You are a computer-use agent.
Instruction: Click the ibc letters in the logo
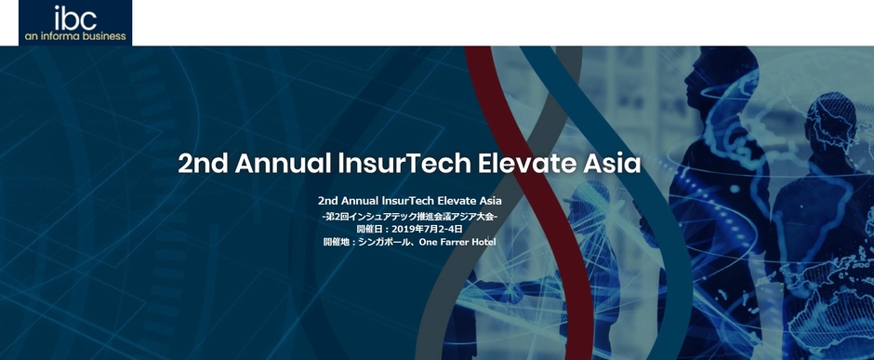pyautogui.click(x=75, y=18)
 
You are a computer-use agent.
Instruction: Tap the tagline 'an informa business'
pyautogui.click(x=75, y=36)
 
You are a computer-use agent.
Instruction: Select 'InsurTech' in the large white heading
pyautogui.click(x=389, y=164)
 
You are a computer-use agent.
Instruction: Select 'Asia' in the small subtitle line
pyautogui.click(x=490, y=200)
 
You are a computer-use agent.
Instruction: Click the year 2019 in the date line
pyautogui.click(x=404, y=229)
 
